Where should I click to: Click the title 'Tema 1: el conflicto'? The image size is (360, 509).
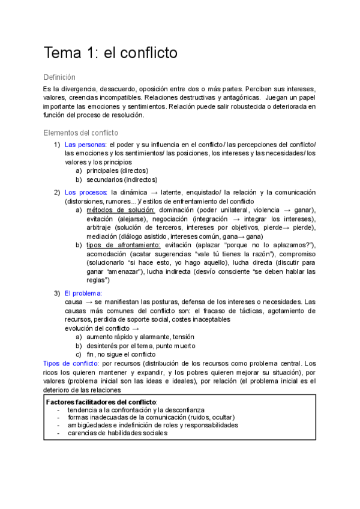coord(110,53)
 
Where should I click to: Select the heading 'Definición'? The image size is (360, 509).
coord(60,77)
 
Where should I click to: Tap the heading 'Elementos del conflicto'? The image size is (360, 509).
coord(81,133)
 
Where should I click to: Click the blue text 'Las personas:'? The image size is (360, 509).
coord(85,145)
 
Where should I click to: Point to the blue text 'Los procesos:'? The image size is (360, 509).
coord(86,192)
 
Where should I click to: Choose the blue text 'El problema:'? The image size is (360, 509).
coord(83,293)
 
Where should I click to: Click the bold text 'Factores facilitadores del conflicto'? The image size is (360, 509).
coord(101,401)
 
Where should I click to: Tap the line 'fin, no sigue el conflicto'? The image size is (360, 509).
coord(121,354)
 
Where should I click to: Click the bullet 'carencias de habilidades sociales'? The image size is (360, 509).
coord(118,432)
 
